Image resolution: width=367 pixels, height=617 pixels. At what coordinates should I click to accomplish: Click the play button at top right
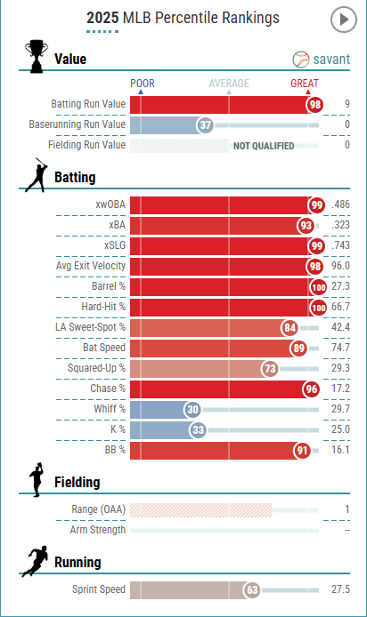tap(343, 20)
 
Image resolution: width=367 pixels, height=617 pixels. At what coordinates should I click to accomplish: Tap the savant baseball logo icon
tap(301, 60)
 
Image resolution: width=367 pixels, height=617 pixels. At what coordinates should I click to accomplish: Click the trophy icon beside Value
tap(37, 56)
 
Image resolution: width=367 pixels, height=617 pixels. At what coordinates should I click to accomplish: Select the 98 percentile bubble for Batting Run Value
tap(315, 105)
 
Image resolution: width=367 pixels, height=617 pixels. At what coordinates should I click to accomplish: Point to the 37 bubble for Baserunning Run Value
tap(206, 125)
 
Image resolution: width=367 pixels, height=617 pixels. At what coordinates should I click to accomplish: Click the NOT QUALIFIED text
tap(264, 146)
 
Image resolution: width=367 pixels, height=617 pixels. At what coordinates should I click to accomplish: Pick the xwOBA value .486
tap(340, 204)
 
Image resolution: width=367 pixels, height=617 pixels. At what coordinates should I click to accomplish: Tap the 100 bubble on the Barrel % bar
tap(319, 287)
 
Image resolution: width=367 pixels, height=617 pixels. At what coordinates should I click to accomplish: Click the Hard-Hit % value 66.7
tap(340, 307)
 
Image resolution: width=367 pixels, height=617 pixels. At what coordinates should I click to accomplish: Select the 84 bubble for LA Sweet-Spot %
tap(290, 328)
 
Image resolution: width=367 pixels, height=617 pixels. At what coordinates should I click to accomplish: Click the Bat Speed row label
tap(104, 348)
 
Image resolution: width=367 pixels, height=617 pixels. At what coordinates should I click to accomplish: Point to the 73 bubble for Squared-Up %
tap(270, 369)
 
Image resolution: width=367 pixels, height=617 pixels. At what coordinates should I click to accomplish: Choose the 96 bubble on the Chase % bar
tap(312, 389)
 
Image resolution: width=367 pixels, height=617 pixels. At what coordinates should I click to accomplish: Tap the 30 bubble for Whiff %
tap(192, 410)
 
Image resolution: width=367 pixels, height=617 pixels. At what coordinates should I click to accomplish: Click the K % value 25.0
tap(340, 429)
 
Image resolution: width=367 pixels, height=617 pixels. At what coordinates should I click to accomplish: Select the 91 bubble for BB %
tap(302, 451)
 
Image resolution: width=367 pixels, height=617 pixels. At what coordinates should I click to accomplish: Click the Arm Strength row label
tap(98, 530)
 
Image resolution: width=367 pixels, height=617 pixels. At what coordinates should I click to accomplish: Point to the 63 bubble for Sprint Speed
tap(252, 590)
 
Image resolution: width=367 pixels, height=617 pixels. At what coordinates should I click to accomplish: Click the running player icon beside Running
tap(35, 561)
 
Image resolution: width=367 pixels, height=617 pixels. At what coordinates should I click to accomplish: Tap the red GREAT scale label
tap(305, 84)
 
